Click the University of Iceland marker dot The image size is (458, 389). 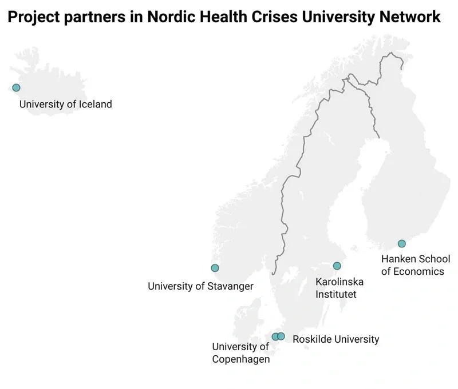point(16,87)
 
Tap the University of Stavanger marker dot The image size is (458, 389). point(215,268)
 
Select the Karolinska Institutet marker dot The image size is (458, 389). point(337,266)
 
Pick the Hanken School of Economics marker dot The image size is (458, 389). point(402,243)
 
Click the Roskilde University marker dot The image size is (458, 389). point(281,336)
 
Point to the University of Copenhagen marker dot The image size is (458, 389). point(275,336)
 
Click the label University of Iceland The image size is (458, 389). point(65,105)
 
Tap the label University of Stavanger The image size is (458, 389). point(200,286)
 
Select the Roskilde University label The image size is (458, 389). point(335,339)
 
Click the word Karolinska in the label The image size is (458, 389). point(339,282)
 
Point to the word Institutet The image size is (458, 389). point(336,295)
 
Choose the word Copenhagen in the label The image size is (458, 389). point(240,359)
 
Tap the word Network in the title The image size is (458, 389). point(410,18)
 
